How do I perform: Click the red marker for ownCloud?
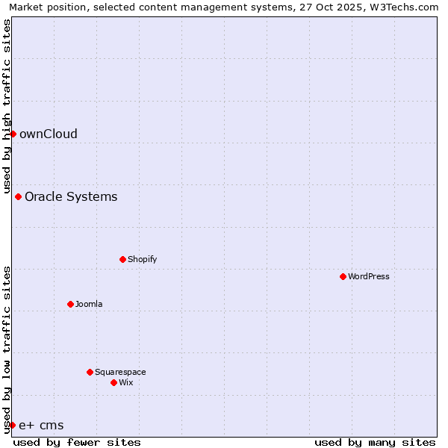coord(13,134)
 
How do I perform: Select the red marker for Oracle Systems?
coord(18,196)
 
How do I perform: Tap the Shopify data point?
coord(122,259)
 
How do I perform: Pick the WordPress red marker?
coord(343,276)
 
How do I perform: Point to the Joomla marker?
coord(70,304)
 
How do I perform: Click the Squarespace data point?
coord(90,372)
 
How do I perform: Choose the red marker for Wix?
coord(113,382)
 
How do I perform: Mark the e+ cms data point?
coord(12,425)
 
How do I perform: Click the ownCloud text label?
coord(49,134)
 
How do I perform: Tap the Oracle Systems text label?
coord(71,197)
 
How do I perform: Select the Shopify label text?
coord(142,260)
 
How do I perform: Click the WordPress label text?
coord(368,277)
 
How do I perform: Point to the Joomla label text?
coord(89,305)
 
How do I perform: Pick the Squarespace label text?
coord(120,373)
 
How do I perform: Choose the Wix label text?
coord(125,383)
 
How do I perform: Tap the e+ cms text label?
coord(41,426)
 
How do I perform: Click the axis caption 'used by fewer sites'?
coord(77,442)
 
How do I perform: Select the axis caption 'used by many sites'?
coord(375,442)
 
